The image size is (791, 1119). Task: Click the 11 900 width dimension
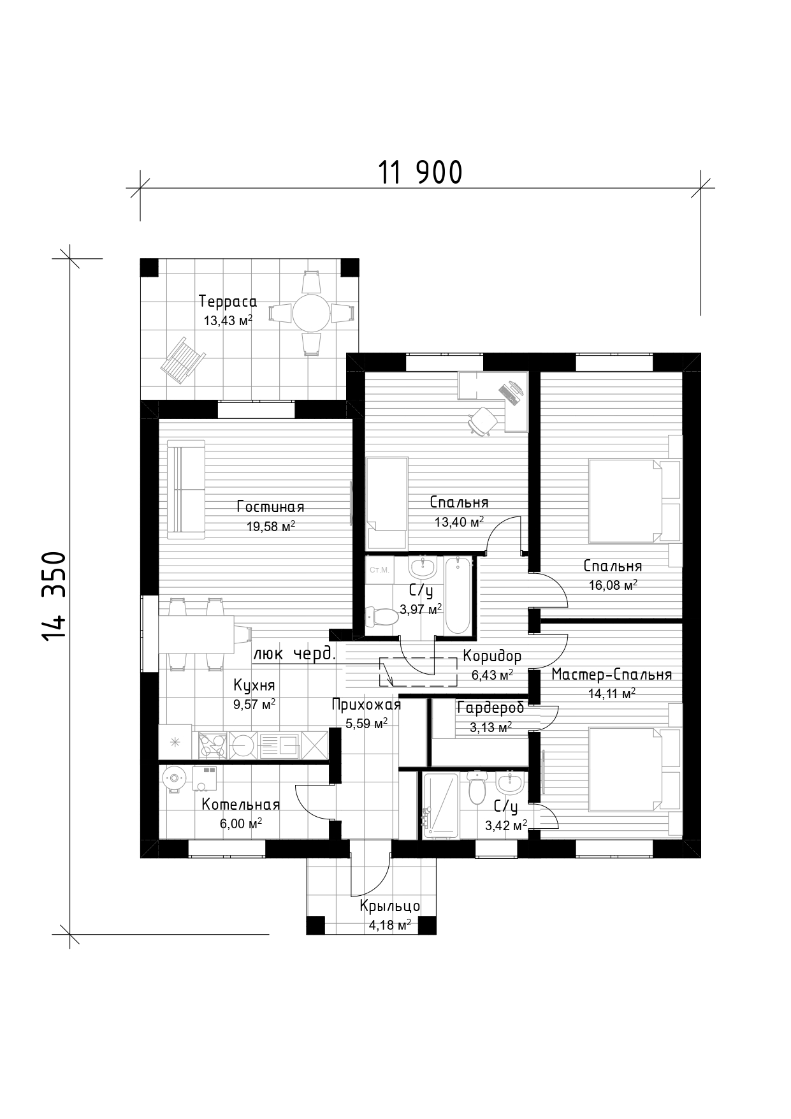[x=420, y=172]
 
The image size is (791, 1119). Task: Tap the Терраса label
[x=228, y=301]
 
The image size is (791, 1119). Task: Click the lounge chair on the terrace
[x=181, y=358]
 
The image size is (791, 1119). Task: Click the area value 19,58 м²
[x=270, y=527]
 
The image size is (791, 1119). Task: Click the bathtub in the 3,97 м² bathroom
[x=458, y=596]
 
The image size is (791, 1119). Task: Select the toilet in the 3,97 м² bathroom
[x=381, y=617]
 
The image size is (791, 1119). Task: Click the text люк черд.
[x=295, y=654]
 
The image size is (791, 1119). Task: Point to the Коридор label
[x=492, y=655]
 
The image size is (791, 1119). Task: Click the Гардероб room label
[x=490, y=707]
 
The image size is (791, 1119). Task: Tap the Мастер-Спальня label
[x=611, y=675]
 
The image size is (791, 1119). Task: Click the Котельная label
[x=241, y=805]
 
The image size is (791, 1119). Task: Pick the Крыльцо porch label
[x=389, y=906]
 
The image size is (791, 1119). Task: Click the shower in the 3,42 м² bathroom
[x=440, y=805]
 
